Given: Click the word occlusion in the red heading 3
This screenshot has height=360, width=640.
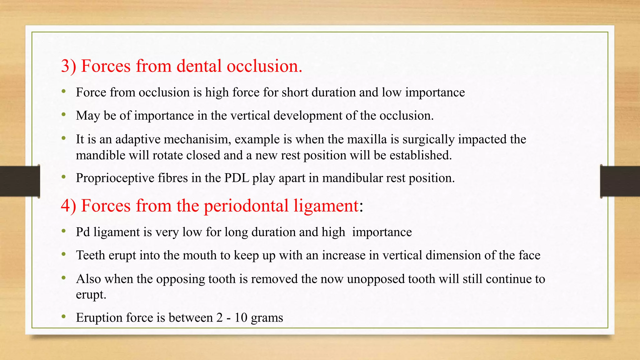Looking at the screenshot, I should [264, 66].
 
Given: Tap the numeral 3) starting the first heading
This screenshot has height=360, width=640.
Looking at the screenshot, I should [69, 66].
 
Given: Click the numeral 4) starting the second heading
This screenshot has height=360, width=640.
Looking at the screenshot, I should [69, 206].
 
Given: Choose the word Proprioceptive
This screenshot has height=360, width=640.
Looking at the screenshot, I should [115, 178].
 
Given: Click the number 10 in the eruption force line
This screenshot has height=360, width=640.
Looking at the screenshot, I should [241, 318].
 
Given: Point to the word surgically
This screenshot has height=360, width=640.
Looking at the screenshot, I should [428, 139].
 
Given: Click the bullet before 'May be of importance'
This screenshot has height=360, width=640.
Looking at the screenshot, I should [64, 115].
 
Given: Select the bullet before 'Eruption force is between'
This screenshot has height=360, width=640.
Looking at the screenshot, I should [64, 317].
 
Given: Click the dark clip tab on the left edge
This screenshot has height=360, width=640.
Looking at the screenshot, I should [20, 181].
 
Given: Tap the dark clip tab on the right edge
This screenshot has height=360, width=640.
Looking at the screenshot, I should [620, 181].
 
